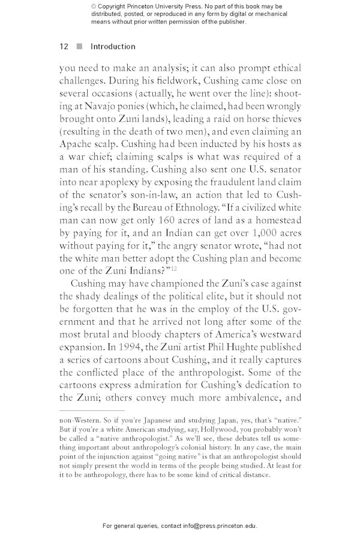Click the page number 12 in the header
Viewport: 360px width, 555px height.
tap(64, 47)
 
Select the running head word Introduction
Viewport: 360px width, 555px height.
tap(113, 47)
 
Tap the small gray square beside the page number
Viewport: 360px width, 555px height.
tap(79, 47)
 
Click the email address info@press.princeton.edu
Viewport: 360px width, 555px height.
tap(218, 526)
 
